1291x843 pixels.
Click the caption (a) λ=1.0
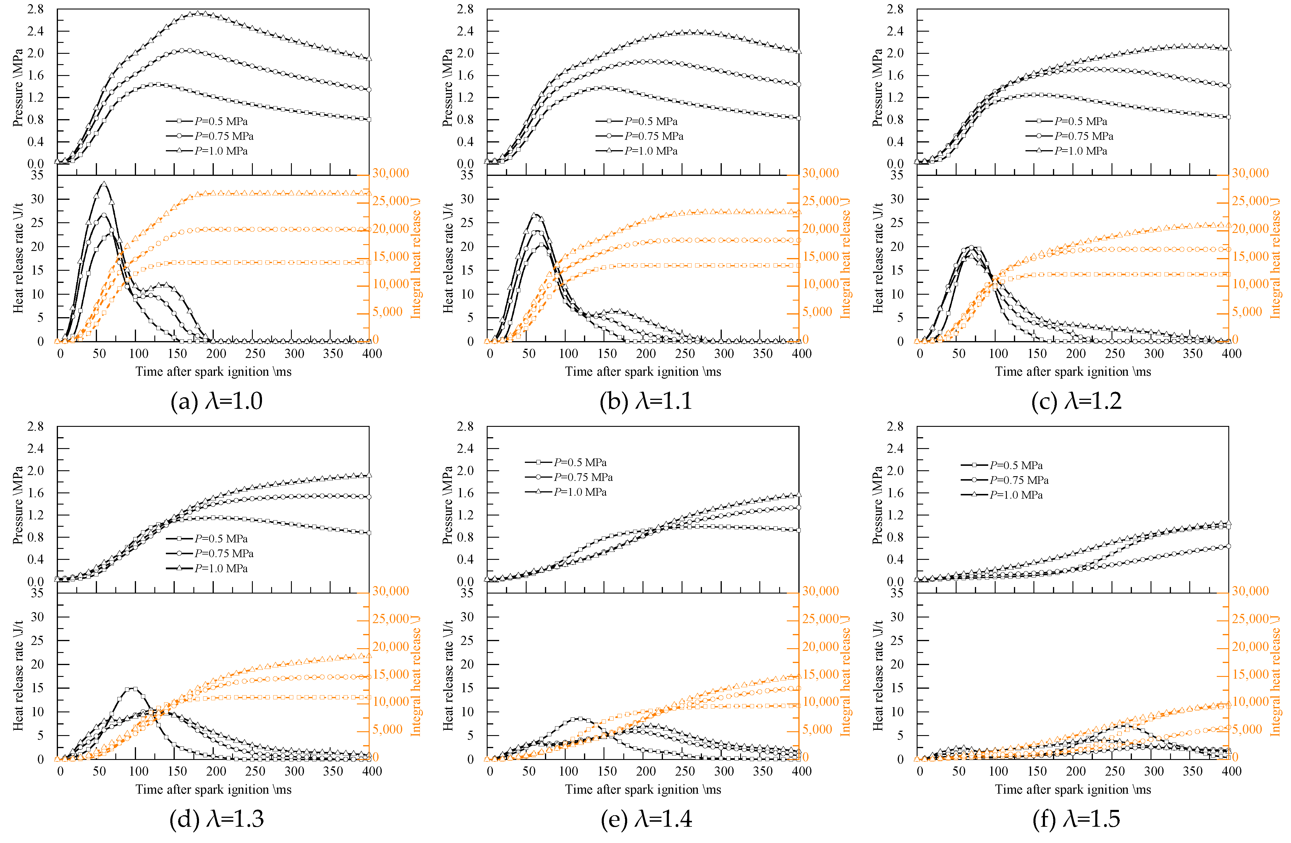(216, 401)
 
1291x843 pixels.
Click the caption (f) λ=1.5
(1076, 818)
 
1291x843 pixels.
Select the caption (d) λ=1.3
(216, 818)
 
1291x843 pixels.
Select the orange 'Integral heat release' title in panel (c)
(1276, 257)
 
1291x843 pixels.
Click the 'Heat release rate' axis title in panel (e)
(448, 675)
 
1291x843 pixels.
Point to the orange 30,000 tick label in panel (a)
(391, 173)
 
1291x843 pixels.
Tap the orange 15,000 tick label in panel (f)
(1250, 674)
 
